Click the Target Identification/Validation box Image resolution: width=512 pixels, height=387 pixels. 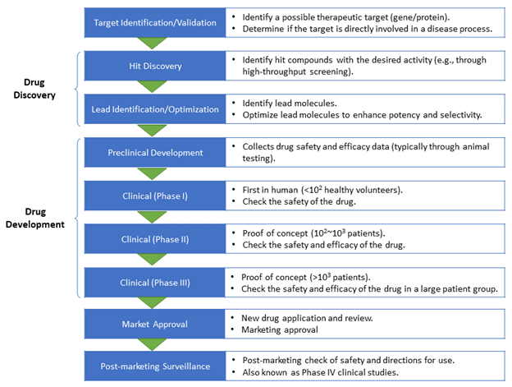155,22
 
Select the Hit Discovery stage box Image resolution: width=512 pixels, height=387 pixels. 155,66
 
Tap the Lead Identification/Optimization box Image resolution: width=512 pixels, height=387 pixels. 155,109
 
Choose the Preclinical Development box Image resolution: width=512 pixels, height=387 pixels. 155,152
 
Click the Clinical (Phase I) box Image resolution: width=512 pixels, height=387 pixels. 155,196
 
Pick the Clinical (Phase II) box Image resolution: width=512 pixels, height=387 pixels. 155,239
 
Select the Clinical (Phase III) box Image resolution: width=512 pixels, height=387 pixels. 154,283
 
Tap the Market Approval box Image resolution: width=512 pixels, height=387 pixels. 154,324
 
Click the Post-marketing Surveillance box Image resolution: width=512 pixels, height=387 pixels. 155,366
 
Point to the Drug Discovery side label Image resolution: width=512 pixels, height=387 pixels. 34,89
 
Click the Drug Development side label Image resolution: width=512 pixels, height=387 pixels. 35,218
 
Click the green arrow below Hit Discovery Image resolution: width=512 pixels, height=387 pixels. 152,86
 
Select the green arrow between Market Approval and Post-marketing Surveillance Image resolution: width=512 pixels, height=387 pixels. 152,345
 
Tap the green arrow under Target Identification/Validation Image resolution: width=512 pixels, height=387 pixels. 152,44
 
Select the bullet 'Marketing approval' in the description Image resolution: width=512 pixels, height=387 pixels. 280,329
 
